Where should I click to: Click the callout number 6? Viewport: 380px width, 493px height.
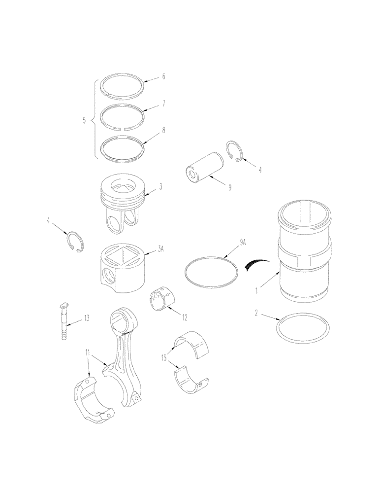(163, 77)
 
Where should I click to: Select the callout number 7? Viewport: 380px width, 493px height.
(163, 104)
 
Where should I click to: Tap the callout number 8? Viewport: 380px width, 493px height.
(163, 132)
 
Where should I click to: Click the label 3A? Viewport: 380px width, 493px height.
(160, 250)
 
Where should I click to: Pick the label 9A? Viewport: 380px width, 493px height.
(243, 242)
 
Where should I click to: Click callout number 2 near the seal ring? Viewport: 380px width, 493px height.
(256, 313)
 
